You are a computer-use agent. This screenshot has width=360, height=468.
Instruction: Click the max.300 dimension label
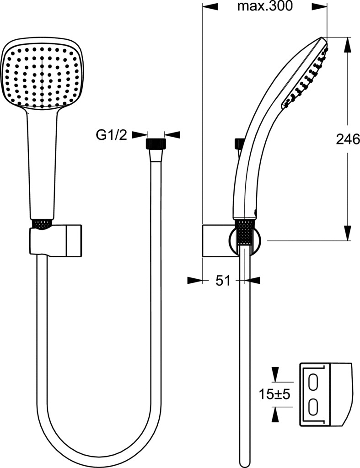tap(265, 6)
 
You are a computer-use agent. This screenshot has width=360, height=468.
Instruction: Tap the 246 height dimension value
tap(348, 139)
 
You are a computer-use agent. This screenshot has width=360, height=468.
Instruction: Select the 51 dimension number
tap(223, 281)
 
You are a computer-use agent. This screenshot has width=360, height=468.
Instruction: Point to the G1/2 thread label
tap(112, 135)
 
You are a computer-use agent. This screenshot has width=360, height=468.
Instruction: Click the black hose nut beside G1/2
tap(156, 144)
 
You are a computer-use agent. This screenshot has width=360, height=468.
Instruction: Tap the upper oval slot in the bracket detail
tap(314, 382)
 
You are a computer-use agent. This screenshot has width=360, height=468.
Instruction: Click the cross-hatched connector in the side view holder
tap(246, 233)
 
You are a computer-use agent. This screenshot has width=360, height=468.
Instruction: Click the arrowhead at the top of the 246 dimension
tap(348, 45)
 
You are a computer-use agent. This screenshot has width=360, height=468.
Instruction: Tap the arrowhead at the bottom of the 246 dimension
tap(348, 233)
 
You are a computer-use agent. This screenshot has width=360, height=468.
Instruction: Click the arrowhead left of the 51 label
tap(195, 280)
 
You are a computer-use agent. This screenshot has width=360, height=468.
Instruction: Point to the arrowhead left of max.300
tap(210, 6)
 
